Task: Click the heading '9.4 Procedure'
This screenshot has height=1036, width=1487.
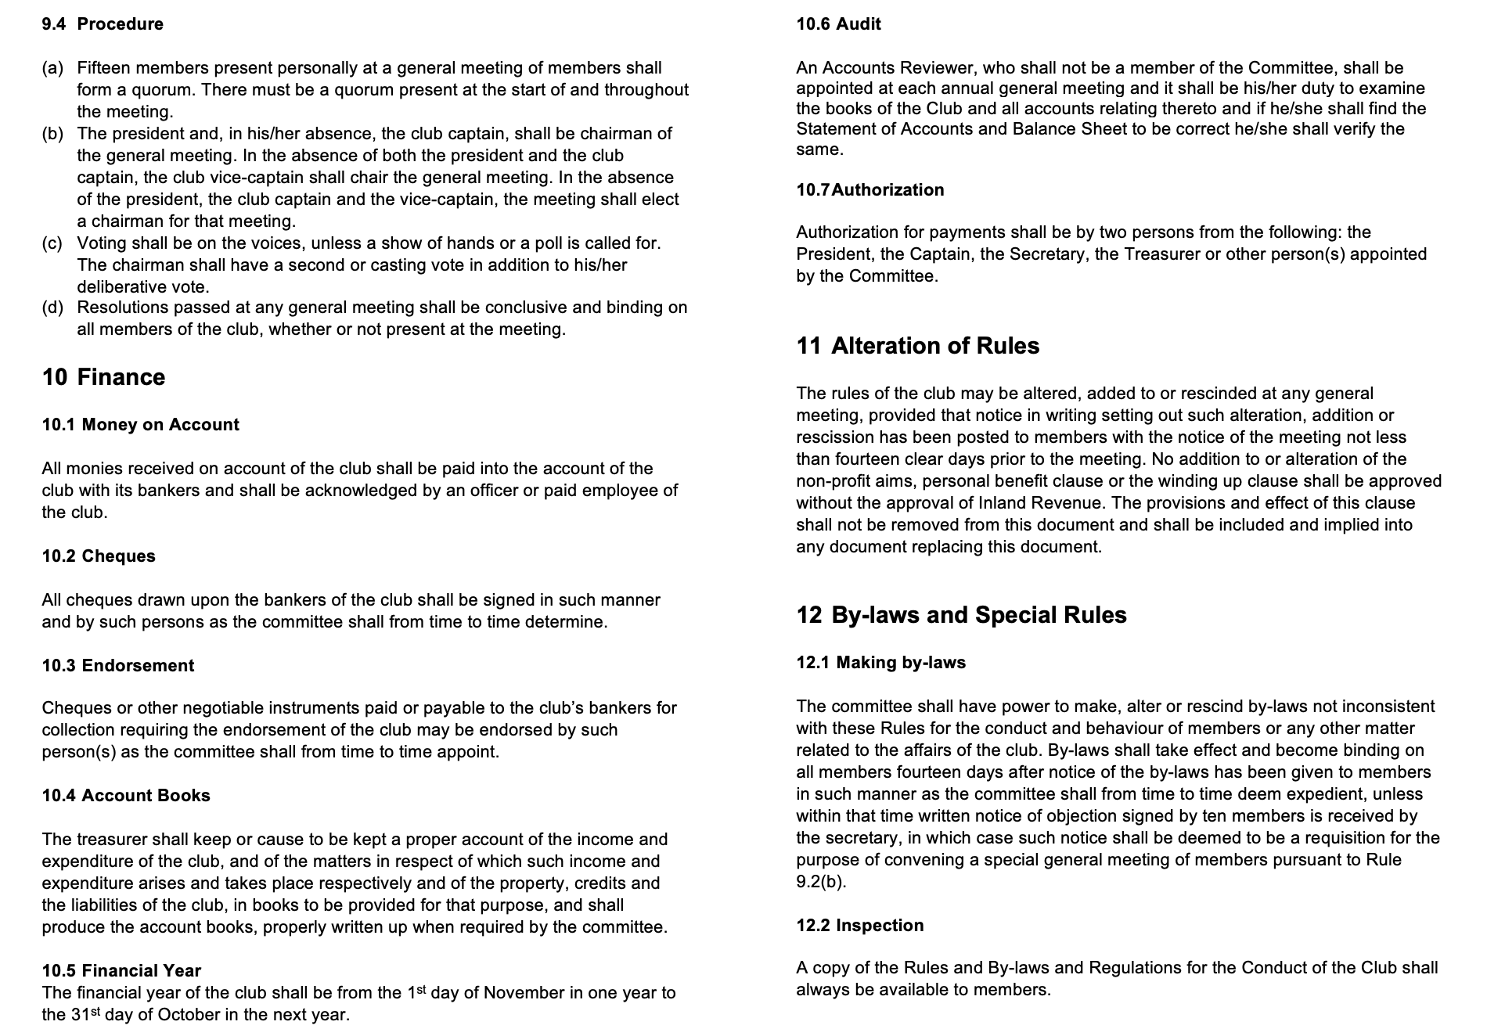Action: pyautogui.click(x=103, y=24)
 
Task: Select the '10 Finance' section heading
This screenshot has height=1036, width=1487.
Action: pyautogui.click(x=103, y=377)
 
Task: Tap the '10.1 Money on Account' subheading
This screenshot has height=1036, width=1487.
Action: pyautogui.click(x=140, y=425)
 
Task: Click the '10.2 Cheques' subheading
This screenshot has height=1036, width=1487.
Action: pyautogui.click(x=99, y=556)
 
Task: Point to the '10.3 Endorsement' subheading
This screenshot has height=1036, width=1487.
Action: pyautogui.click(x=117, y=666)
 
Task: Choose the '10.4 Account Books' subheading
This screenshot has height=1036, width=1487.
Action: pyautogui.click(x=126, y=796)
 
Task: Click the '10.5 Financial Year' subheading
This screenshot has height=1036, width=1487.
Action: pyautogui.click(x=121, y=971)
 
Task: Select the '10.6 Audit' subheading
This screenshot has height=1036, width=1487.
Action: pyautogui.click(x=838, y=24)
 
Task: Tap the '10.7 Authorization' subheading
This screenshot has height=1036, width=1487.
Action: pyautogui.click(x=870, y=190)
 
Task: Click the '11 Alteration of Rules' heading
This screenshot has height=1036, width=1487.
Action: pyautogui.click(x=917, y=346)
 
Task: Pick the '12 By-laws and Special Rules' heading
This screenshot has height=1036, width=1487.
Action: pyautogui.click(x=961, y=615)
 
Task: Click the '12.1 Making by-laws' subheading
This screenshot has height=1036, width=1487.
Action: pyautogui.click(x=880, y=663)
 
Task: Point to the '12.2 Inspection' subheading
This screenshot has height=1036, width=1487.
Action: pyautogui.click(x=859, y=926)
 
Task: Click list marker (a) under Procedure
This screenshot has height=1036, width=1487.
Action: pyautogui.click(x=52, y=68)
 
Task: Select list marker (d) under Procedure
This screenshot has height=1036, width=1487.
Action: pyautogui.click(x=52, y=308)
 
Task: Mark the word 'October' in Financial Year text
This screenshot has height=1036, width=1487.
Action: pyautogui.click(x=188, y=1015)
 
